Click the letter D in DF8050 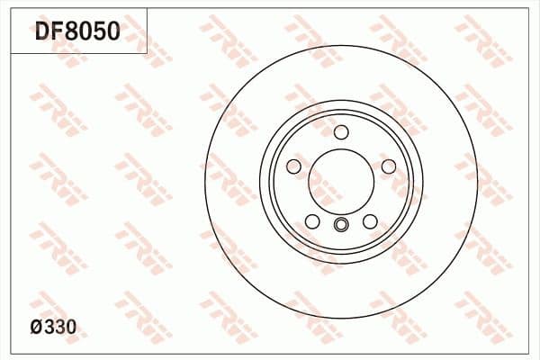(x=42, y=33)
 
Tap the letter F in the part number (x=58, y=33)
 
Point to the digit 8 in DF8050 (x=74, y=33)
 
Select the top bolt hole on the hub (x=340, y=132)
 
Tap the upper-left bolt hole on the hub (x=294, y=166)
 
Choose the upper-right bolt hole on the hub (x=387, y=166)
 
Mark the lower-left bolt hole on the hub (x=311, y=220)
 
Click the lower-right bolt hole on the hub (x=369, y=220)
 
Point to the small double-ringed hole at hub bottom (x=340, y=225)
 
